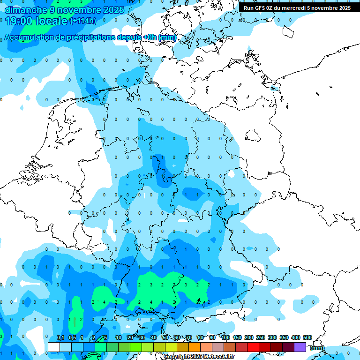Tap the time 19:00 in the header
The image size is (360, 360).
(20, 21)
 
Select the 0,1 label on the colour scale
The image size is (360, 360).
(60, 337)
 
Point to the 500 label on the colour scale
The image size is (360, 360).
(307, 337)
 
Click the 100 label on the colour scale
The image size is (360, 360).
(225, 337)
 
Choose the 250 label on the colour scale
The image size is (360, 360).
(261, 337)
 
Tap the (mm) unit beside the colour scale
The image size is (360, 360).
(317, 348)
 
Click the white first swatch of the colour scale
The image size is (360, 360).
(54, 347)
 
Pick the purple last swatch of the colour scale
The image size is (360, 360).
(300, 347)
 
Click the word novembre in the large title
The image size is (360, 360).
(80, 10)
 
